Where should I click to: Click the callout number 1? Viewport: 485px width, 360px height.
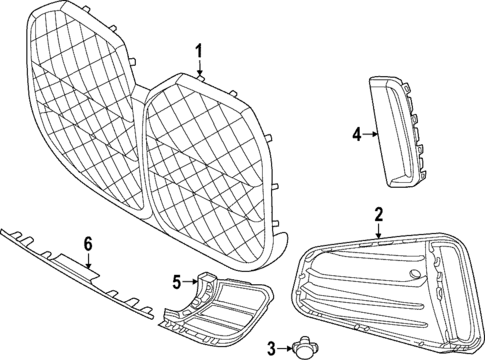pos(198,52)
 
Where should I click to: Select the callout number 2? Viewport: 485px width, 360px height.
pos(379,213)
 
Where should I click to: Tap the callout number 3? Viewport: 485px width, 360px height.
pos(271,347)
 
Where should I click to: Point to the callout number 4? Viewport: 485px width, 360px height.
pos(356,132)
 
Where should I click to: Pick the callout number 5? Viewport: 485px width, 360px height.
pos(176,283)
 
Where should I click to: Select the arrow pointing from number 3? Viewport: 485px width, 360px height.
pos(284,347)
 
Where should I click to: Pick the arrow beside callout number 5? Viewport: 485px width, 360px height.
pos(190,283)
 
